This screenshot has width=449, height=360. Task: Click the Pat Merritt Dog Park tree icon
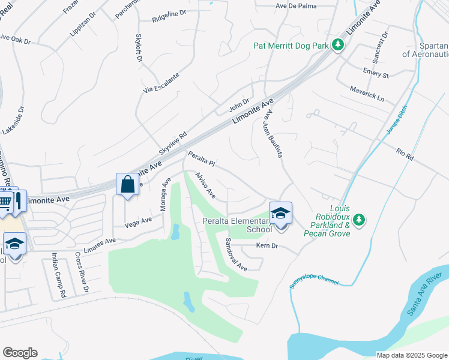338,44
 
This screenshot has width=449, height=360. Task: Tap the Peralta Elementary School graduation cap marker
280,213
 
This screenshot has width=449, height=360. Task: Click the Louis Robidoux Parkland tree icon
359,220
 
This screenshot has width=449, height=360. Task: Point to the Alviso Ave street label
205,187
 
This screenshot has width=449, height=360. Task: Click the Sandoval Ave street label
236,254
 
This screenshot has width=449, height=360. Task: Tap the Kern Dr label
267,245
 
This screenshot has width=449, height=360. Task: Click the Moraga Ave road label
166,191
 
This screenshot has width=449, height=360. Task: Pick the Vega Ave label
138,222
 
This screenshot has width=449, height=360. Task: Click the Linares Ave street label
99,245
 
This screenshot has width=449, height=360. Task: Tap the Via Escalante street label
161,83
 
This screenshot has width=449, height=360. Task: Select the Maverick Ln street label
367,92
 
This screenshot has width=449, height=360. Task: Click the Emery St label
376,73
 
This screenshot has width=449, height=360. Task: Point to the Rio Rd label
405,153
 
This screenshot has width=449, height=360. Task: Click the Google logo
20,353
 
